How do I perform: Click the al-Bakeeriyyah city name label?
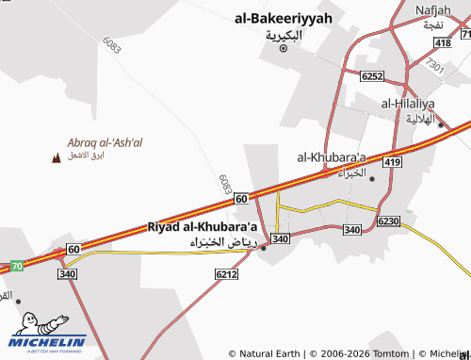284,17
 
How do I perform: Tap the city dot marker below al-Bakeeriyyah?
284,48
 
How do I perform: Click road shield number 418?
443,43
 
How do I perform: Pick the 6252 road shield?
372,76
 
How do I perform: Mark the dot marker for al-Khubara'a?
372,178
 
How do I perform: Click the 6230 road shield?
388,221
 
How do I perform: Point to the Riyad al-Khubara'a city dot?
263,249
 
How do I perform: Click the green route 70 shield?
17,267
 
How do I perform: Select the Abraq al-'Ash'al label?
105,142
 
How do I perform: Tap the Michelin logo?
48,332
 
